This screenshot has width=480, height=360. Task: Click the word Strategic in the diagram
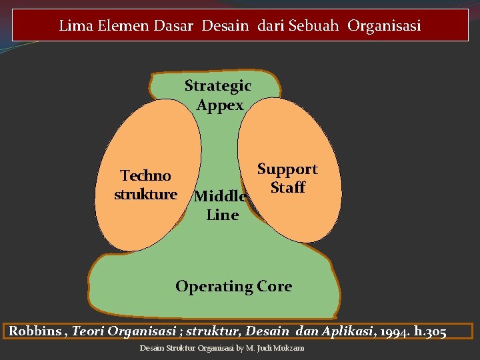(x=217, y=85)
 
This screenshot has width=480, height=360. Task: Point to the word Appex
(x=220, y=105)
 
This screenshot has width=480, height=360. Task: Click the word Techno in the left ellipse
(x=145, y=176)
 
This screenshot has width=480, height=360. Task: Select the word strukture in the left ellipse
(x=145, y=195)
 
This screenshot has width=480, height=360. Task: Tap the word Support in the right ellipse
(x=287, y=169)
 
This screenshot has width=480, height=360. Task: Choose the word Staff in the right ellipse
(x=287, y=187)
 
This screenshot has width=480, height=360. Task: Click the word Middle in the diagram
(x=220, y=197)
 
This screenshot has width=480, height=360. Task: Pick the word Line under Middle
(x=222, y=215)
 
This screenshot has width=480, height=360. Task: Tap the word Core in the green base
(x=274, y=287)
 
